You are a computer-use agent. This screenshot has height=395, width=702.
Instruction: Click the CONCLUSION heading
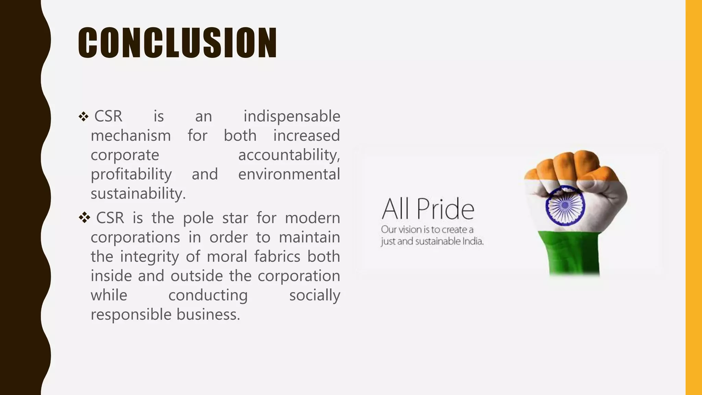click(x=177, y=43)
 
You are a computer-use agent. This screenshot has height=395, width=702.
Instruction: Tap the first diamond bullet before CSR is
click(x=83, y=117)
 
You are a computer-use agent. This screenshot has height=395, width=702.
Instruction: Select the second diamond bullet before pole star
click(x=84, y=217)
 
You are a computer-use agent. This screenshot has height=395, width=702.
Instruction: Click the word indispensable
click(x=292, y=117)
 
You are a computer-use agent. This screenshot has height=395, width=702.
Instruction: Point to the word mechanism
click(x=131, y=136)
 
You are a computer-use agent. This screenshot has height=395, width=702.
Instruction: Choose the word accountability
click(x=289, y=155)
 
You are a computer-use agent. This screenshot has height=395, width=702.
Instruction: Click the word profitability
click(x=131, y=175)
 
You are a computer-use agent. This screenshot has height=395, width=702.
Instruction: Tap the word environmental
click(x=289, y=175)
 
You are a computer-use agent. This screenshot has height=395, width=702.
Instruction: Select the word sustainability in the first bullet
click(x=138, y=194)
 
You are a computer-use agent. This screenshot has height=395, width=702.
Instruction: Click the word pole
click(x=198, y=218)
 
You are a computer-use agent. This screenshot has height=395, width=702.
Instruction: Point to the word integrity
click(x=149, y=257)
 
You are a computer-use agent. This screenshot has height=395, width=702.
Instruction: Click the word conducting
click(x=208, y=295)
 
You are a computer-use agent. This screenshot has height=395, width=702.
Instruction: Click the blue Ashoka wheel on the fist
click(x=565, y=205)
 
